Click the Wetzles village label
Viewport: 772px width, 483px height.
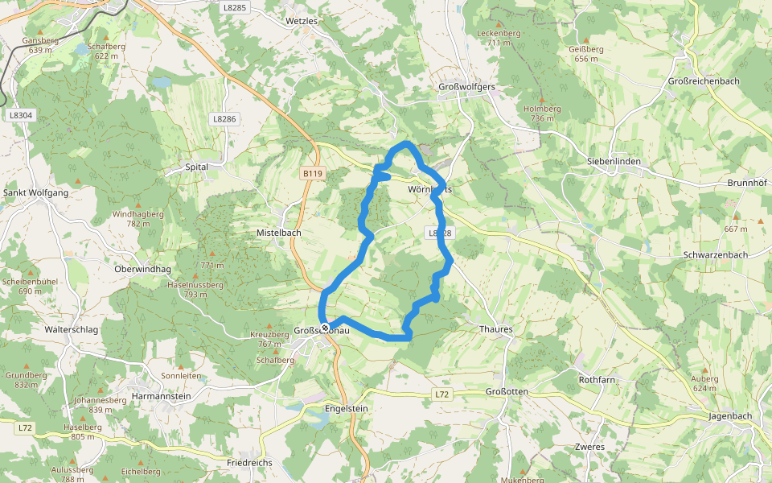(x=302, y=20)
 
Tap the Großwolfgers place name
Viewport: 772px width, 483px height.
(x=467, y=86)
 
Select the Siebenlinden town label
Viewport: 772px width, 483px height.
(x=614, y=161)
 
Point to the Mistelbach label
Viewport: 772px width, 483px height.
(x=278, y=232)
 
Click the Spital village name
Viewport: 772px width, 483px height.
(x=197, y=167)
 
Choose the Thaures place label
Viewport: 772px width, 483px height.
(x=495, y=329)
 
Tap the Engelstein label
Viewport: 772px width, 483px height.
(x=346, y=408)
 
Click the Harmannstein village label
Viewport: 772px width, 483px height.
(x=162, y=397)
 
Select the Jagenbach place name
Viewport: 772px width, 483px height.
(x=730, y=416)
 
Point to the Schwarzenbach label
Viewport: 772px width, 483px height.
(x=715, y=254)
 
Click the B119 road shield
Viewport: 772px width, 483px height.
(x=313, y=173)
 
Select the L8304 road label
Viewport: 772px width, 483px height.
(x=22, y=115)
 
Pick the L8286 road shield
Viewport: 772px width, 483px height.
(x=225, y=118)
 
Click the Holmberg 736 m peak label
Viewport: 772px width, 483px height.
(x=542, y=113)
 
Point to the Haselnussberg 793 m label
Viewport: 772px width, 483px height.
(x=195, y=289)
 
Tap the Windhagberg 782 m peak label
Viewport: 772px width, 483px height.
(x=138, y=219)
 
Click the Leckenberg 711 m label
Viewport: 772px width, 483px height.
(x=499, y=37)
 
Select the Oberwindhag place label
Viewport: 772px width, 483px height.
(x=143, y=269)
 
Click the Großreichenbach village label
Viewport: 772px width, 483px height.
(x=705, y=82)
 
